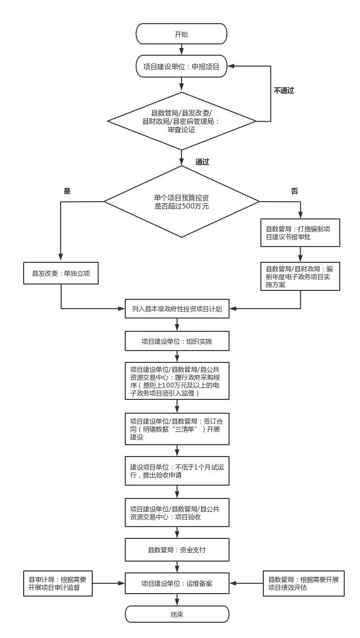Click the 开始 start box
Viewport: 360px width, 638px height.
tap(181, 34)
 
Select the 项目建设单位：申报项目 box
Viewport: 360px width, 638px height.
tap(181, 66)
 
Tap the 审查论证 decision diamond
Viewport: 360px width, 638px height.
tap(181, 121)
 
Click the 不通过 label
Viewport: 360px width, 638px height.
tap(284, 90)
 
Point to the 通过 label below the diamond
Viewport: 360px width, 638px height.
tap(202, 162)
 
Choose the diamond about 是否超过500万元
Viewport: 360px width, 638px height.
tap(181, 201)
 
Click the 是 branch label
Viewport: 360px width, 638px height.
tap(67, 191)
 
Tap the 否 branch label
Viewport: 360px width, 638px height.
tap(294, 191)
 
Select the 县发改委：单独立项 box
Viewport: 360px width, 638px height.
tap(61, 273)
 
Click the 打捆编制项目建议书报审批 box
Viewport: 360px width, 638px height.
tap(300, 233)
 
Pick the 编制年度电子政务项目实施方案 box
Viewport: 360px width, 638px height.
tap(300, 276)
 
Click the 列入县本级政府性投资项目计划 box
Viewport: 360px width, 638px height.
tap(177, 309)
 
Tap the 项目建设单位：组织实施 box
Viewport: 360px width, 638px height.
tap(177, 341)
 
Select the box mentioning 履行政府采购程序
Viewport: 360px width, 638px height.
tap(177, 381)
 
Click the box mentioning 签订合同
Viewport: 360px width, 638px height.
tap(177, 429)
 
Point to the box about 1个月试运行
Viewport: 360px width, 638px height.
tap(177, 471)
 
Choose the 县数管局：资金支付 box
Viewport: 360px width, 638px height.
tap(177, 549)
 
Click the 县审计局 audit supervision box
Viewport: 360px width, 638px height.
tap(58, 583)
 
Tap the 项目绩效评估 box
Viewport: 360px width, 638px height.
tap(303, 583)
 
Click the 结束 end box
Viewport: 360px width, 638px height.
tap(177, 614)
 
